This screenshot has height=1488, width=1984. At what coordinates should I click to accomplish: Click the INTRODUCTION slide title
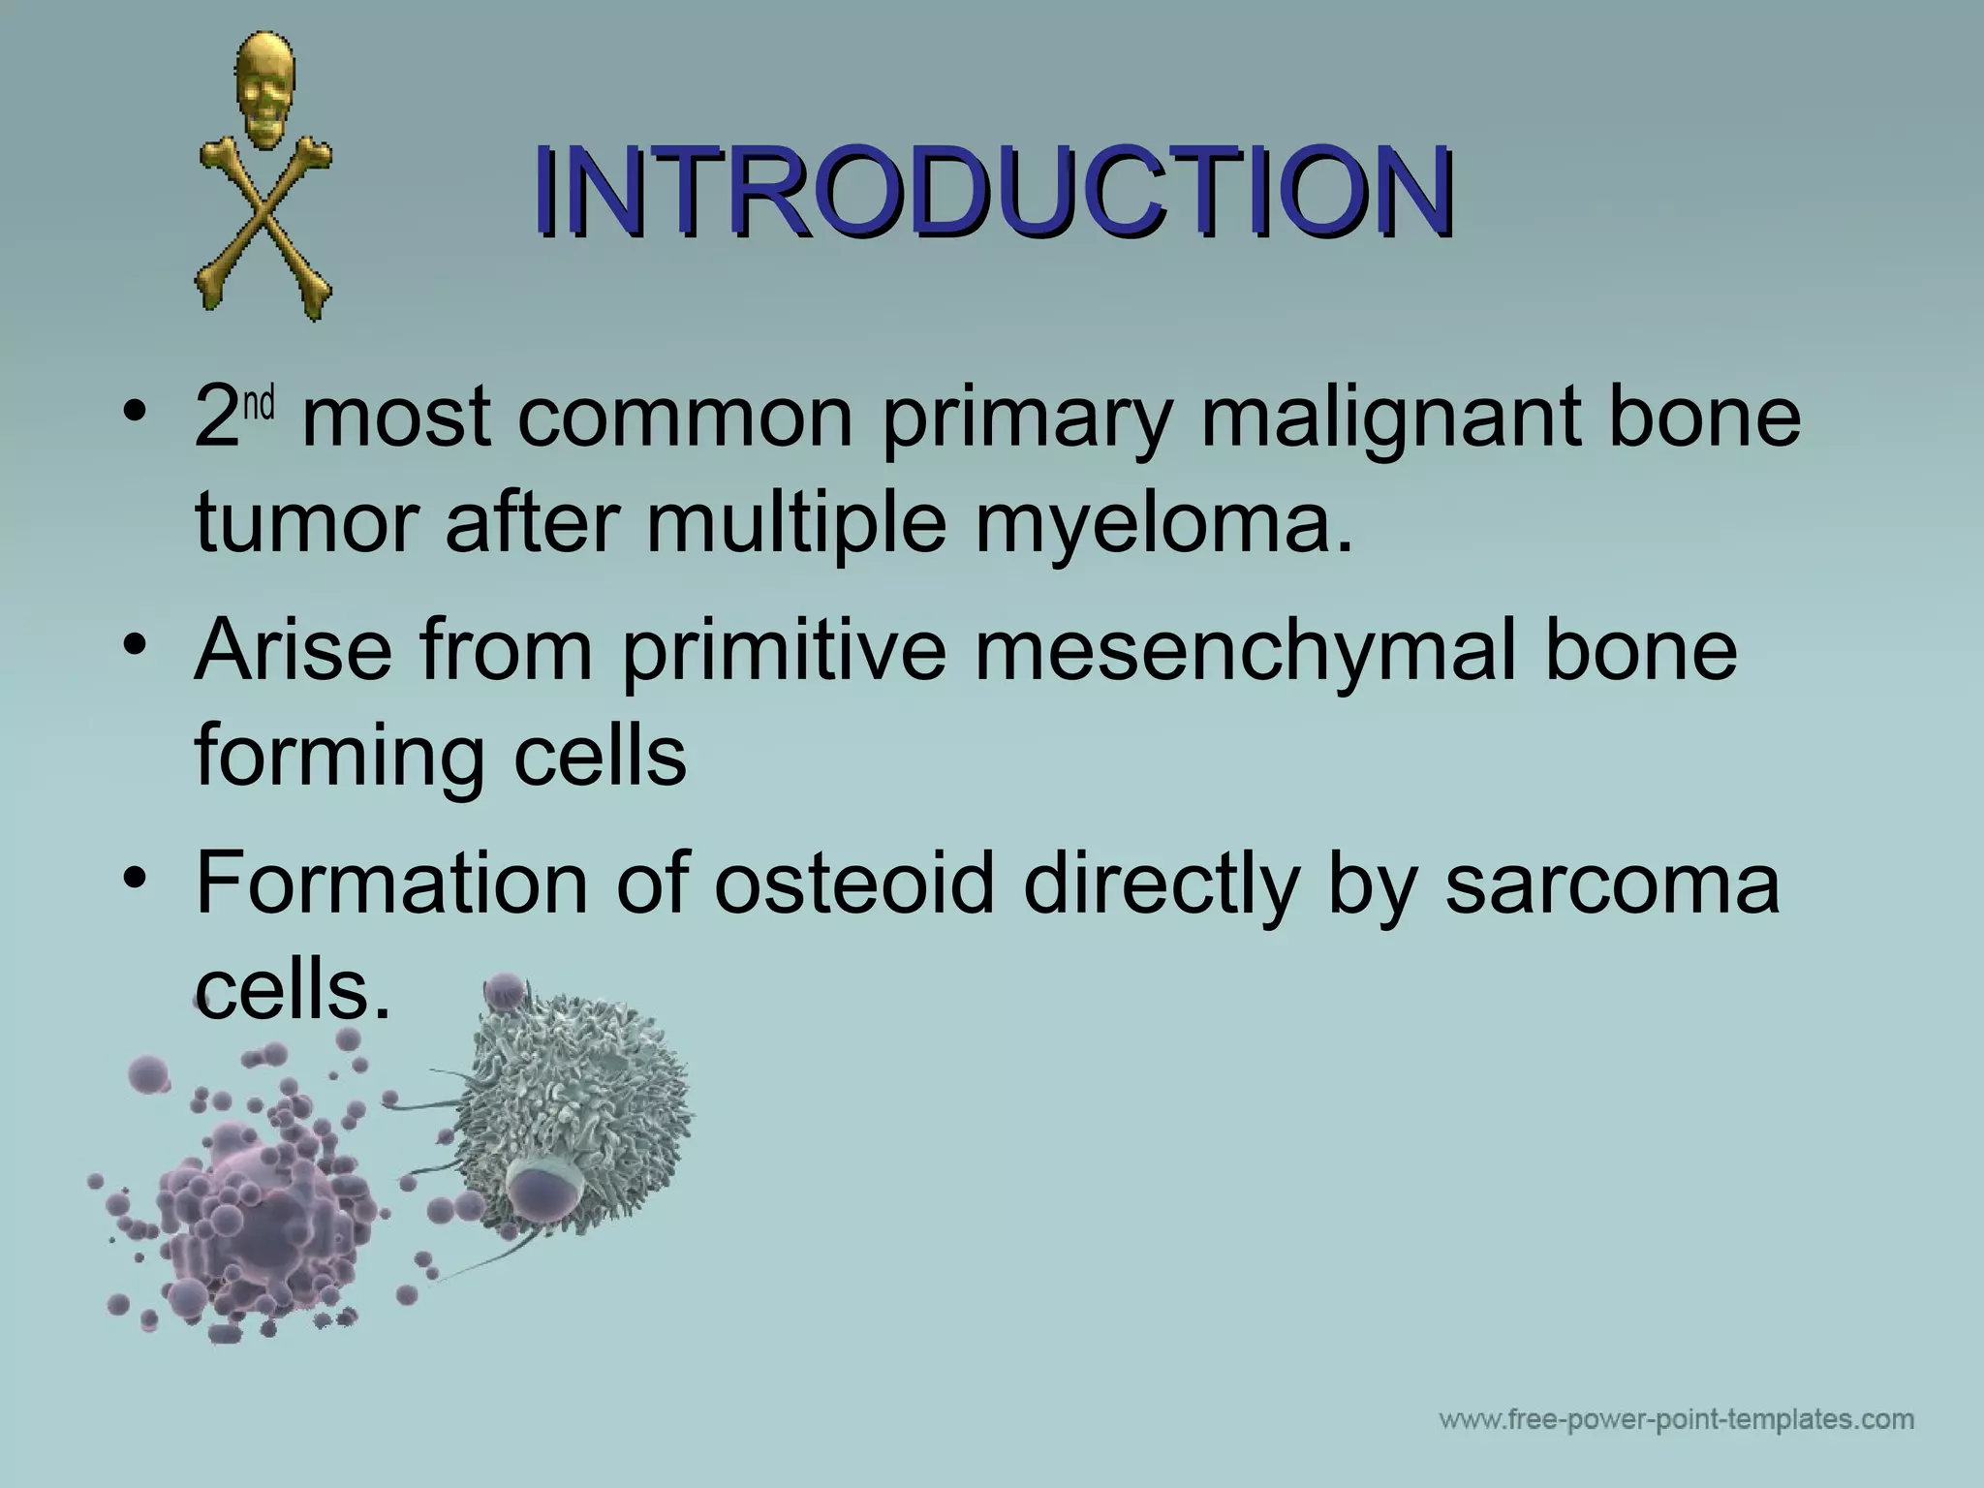pos(992,191)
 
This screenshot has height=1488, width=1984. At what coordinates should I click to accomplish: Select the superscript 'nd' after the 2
pos(259,404)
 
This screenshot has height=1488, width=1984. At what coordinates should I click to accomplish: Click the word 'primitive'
pos(783,651)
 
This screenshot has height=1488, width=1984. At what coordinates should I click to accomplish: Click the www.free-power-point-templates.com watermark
pos(1676,1421)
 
